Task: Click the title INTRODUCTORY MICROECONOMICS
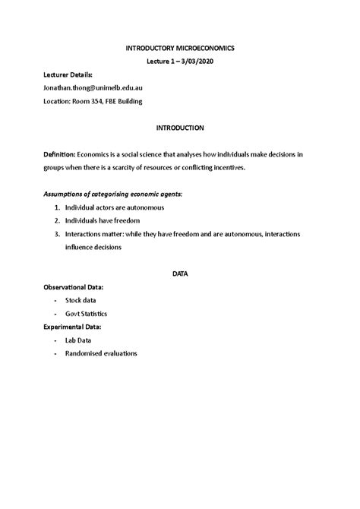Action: [180, 48]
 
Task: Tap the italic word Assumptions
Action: [72, 194]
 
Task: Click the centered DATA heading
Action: [180, 273]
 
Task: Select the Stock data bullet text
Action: [81, 300]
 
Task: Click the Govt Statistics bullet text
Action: [86, 313]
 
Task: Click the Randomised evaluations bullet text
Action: [100, 353]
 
